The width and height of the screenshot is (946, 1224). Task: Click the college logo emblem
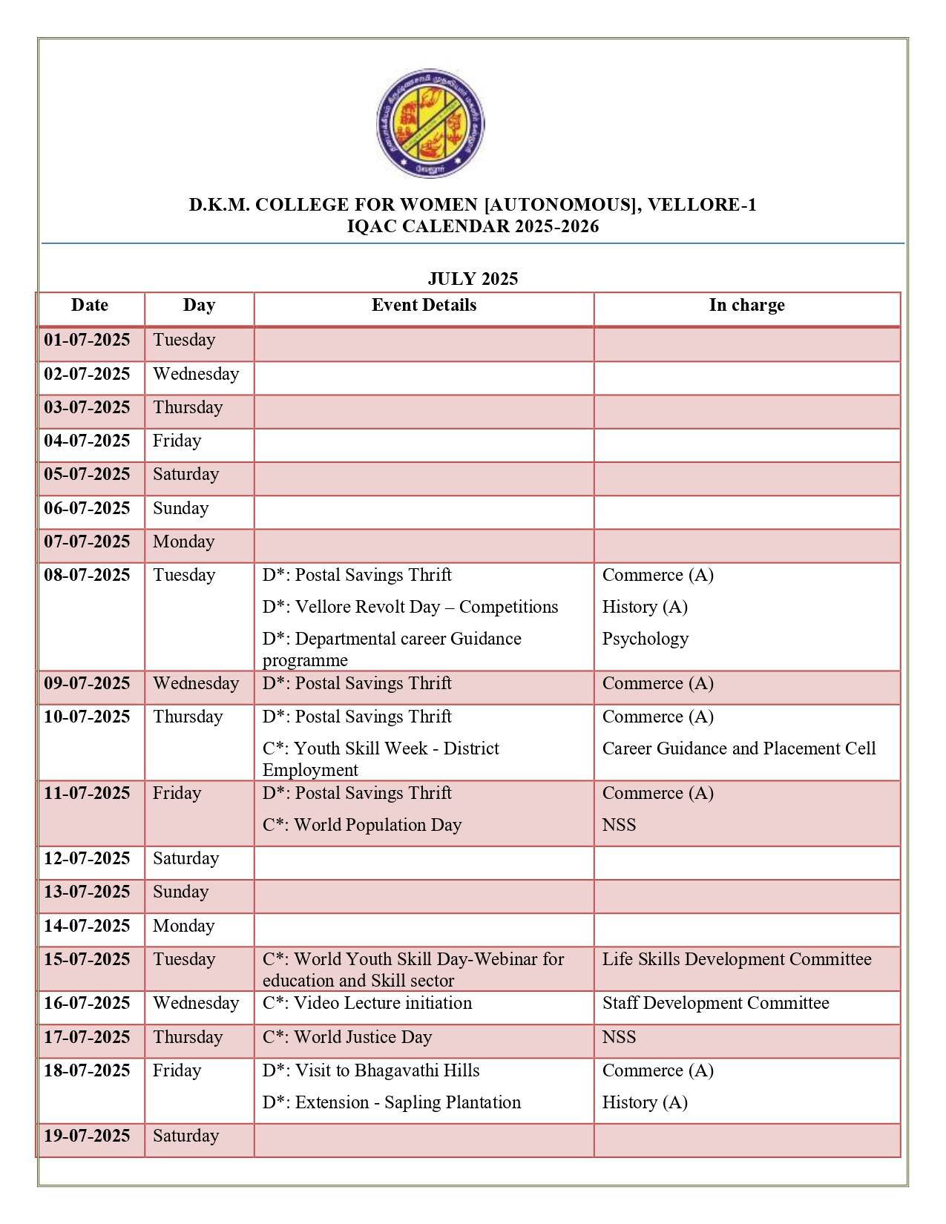pyautogui.click(x=430, y=123)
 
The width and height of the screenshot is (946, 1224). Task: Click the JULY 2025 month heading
pyautogui.click(x=473, y=279)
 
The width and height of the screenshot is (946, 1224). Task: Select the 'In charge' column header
pyautogui.click(x=746, y=305)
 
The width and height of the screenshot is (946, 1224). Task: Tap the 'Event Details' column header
pyautogui.click(x=424, y=305)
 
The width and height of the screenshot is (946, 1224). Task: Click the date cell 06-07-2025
pyautogui.click(x=87, y=508)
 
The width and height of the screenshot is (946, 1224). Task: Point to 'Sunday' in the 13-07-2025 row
pyautogui.click(x=180, y=892)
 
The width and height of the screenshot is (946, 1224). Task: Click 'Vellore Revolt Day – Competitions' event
pyautogui.click(x=410, y=607)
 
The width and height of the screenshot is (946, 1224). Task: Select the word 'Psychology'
pyautogui.click(x=645, y=639)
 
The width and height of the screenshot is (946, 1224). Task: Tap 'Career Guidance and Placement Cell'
pyautogui.click(x=738, y=748)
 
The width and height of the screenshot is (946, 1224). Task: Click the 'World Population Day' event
pyautogui.click(x=362, y=825)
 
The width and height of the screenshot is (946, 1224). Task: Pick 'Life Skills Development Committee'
pyautogui.click(x=736, y=959)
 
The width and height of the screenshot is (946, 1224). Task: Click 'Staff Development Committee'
pyautogui.click(x=715, y=1003)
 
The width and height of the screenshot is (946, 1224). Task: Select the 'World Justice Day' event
pyautogui.click(x=347, y=1037)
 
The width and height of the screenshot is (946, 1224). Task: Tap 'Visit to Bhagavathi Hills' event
pyautogui.click(x=371, y=1070)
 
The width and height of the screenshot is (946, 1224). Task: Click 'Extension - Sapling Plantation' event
pyautogui.click(x=392, y=1102)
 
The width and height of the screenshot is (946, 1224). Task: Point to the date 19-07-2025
pyautogui.click(x=87, y=1136)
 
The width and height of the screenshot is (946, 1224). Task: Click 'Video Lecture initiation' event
pyautogui.click(x=367, y=1003)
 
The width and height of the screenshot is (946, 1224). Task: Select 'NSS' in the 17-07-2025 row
pyautogui.click(x=619, y=1037)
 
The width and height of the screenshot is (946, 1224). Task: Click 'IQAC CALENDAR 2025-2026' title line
pyautogui.click(x=473, y=226)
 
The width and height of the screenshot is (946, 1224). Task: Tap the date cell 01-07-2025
pyautogui.click(x=87, y=340)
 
